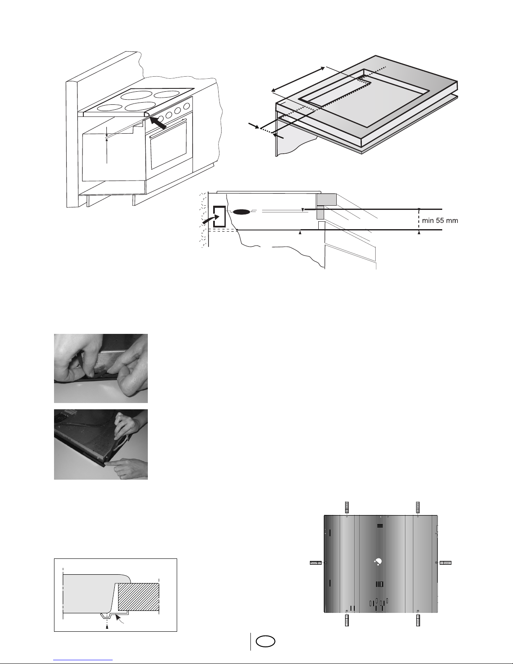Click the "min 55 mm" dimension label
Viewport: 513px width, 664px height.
[x=440, y=220]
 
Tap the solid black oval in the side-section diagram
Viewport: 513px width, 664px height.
[x=242, y=212]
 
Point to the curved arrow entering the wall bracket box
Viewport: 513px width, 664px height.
[x=211, y=220]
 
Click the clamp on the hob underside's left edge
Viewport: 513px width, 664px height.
[x=316, y=563]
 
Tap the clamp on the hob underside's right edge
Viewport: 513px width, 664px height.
[x=446, y=563]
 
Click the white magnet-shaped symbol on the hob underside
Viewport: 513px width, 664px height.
[x=378, y=562]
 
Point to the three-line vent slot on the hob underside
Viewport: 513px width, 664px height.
[x=380, y=526]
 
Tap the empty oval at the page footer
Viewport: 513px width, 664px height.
[x=266, y=641]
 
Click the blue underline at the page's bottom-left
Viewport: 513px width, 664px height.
[x=83, y=660]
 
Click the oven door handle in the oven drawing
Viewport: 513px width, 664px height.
[x=168, y=128]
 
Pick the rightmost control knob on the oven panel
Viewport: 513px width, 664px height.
[x=187, y=106]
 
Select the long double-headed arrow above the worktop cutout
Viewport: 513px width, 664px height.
[x=298, y=79]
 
